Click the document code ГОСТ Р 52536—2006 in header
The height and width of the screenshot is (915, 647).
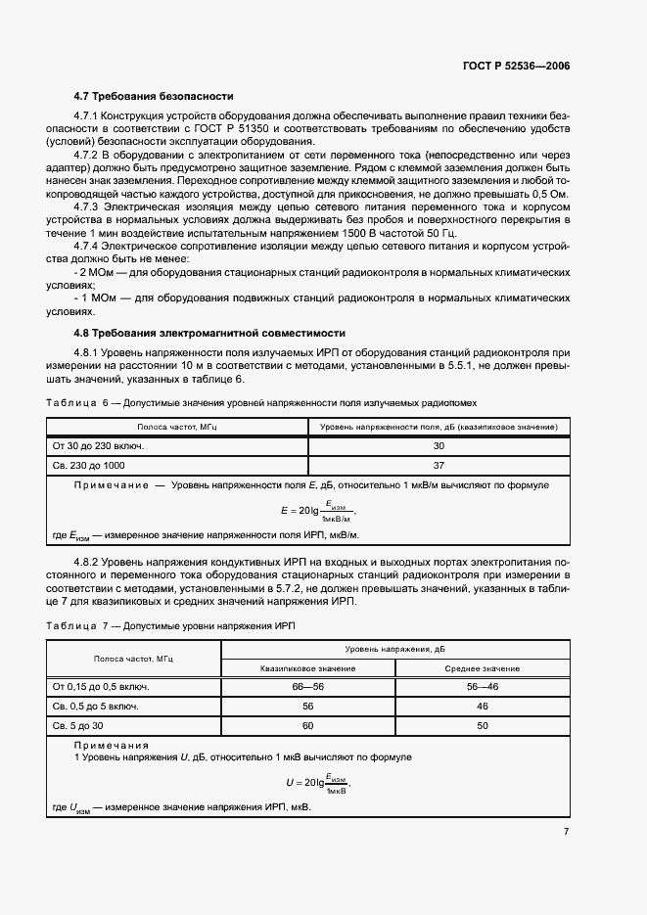[x=516, y=66]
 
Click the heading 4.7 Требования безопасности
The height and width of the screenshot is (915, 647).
[x=154, y=97]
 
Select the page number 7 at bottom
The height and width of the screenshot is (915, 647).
[x=566, y=832]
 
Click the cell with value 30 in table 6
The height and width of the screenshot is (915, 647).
[x=439, y=445]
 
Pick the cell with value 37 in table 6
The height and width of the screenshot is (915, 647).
[x=439, y=465]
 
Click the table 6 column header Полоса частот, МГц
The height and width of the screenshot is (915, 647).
[x=176, y=427]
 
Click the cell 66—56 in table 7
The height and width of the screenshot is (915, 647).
[x=307, y=686]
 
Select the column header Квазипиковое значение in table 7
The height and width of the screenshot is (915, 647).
[x=307, y=667]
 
